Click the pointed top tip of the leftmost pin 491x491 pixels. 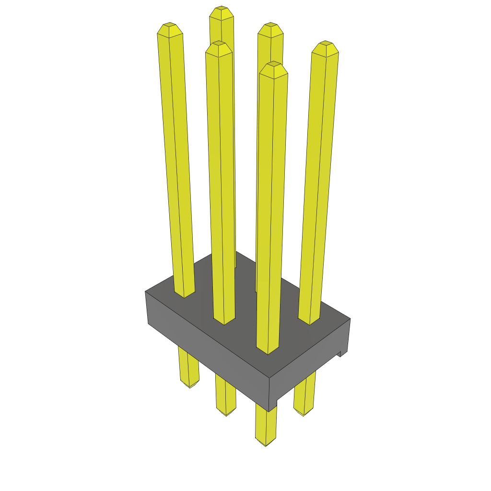click(x=169, y=25)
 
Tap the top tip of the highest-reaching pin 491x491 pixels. click(x=221, y=9)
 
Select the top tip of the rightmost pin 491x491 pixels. click(x=326, y=44)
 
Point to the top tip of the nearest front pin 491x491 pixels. click(x=273, y=64)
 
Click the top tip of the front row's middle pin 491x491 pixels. click(x=219, y=44)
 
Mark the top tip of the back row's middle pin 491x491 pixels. click(x=271, y=25)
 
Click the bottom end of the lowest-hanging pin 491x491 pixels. click(x=266, y=444)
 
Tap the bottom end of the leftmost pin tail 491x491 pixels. click(x=190, y=386)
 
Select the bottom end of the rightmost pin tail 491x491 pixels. click(x=303, y=413)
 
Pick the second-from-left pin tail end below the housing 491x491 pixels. click(x=226, y=413)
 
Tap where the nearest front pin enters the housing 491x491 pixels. click(x=267, y=351)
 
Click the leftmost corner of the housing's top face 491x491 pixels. click(x=146, y=291)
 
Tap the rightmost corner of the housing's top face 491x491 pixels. click(x=350, y=319)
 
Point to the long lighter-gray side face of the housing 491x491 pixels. click(x=206, y=350)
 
